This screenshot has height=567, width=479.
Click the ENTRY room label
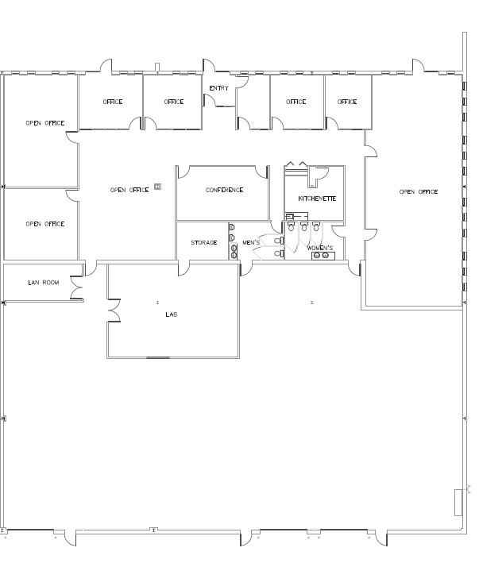(x=219, y=88)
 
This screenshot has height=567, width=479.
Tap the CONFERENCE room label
(x=224, y=190)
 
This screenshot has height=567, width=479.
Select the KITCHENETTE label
(x=317, y=199)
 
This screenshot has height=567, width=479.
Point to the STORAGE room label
(x=204, y=243)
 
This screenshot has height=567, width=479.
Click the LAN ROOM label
(x=44, y=283)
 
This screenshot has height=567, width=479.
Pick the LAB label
(x=171, y=314)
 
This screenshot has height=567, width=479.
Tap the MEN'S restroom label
(x=251, y=243)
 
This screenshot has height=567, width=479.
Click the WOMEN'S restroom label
(x=320, y=248)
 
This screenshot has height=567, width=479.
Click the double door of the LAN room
(x=77, y=287)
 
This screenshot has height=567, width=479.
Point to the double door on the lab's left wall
(x=114, y=310)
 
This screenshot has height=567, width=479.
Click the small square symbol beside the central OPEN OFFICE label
(x=158, y=187)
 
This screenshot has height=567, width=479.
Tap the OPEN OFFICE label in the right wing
(x=419, y=191)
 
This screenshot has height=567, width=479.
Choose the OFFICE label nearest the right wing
(x=347, y=102)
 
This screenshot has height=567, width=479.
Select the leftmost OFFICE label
(x=113, y=102)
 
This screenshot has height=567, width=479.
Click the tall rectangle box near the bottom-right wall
(x=458, y=502)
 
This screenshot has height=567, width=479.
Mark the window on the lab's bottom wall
(x=158, y=357)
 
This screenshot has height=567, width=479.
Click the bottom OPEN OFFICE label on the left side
(x=45, y=224)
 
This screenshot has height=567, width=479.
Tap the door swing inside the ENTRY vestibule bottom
(x=210, y=100)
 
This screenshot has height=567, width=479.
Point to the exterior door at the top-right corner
(x=418, y=65)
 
